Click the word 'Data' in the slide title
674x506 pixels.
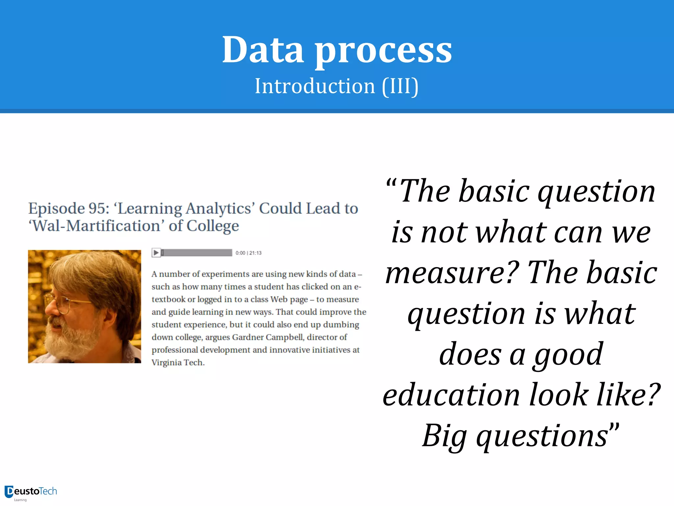tap(263, 50)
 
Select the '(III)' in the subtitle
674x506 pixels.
tap(400, 86)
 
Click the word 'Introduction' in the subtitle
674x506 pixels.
tap(315, 86)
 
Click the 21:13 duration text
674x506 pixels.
tap(255, 253)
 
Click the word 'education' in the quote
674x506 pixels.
tap(451, 395)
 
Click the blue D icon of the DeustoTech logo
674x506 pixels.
tap(9, 492)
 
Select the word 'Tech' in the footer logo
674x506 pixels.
tap(48, 491)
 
